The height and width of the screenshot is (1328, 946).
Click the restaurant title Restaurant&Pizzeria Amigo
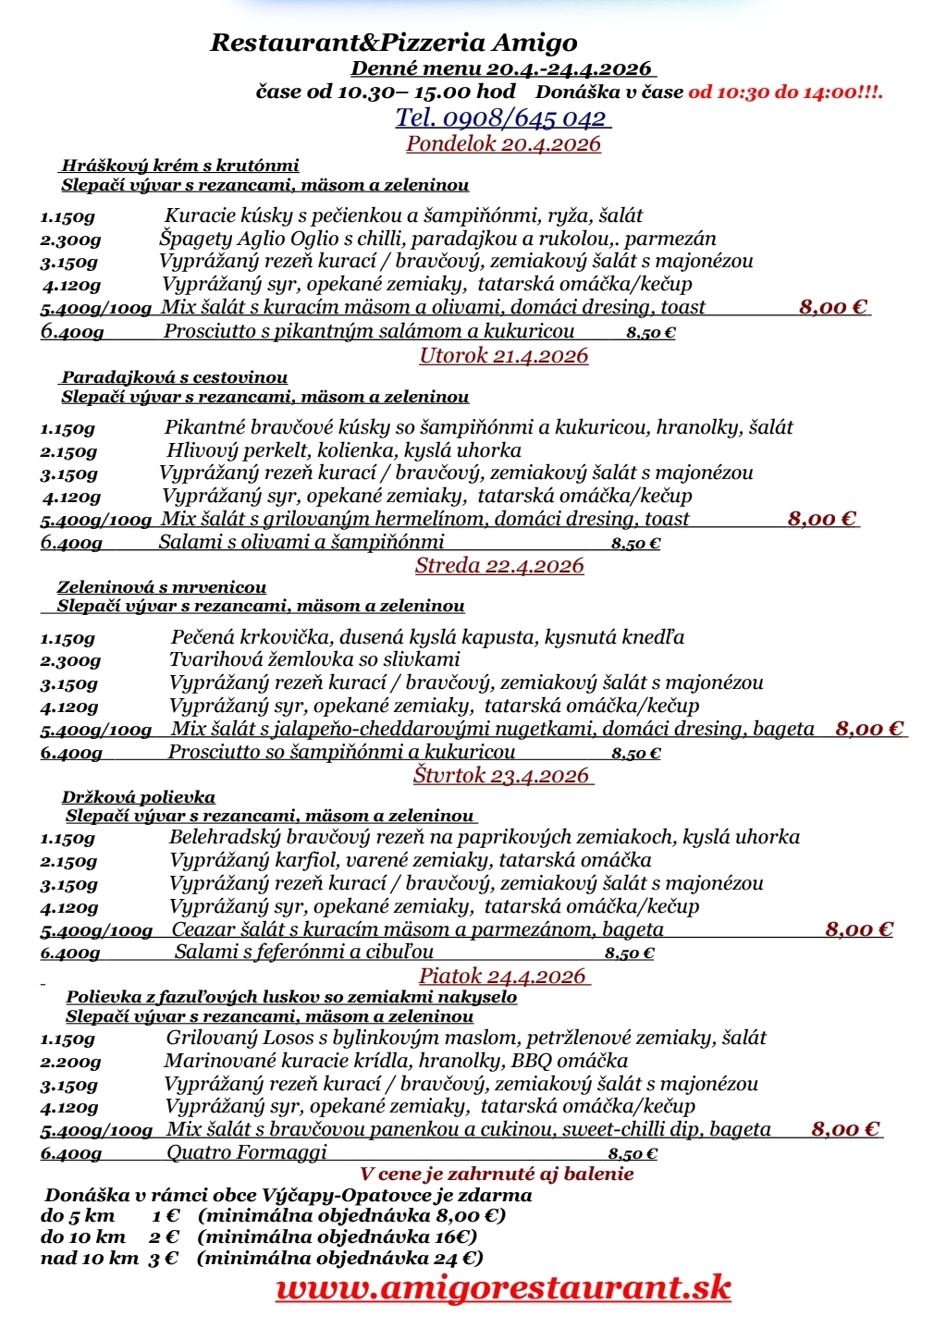(x=394, y=43)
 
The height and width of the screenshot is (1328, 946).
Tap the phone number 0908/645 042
(x=503, y=117)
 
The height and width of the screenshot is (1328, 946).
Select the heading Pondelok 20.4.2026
(x=503, y=143)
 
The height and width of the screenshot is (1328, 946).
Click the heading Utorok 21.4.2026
(x=503, y=356)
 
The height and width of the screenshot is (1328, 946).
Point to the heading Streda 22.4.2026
(x=499, y=566)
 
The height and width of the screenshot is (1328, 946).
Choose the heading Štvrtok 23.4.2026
(x=501, y=775)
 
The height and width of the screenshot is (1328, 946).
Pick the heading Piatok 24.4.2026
(x=502, y=976)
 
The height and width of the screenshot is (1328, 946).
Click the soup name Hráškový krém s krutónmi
(x=180, y=166)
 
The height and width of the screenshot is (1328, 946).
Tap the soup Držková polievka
(x=139, y=797)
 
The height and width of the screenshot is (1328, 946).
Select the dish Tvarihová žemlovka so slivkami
(x=314, y=659)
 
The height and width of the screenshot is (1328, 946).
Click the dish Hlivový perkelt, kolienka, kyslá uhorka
(x=343, y=450)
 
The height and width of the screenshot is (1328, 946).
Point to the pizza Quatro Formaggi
(x=247, y=1152)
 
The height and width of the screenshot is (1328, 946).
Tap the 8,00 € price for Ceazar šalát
(x=859, y=929)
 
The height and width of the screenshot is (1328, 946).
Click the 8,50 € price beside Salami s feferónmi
(x=629, y=953)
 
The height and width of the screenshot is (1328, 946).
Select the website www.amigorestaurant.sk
(x=503, y=1287)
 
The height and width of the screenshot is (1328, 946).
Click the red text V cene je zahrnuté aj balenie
(x=498, y=1174)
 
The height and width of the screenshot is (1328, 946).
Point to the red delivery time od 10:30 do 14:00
(x=785, y=92)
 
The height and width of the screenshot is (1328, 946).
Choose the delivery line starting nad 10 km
(x=262, y=1258)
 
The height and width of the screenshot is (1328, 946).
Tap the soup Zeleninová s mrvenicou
(x=162, y=587)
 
